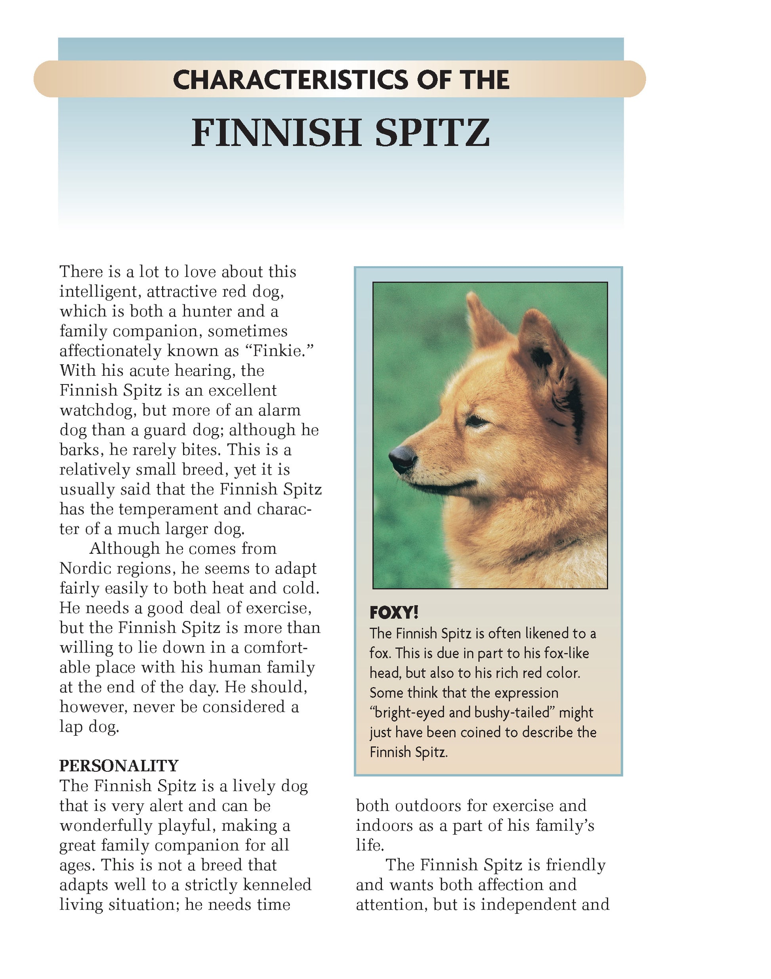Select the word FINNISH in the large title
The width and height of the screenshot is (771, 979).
276,133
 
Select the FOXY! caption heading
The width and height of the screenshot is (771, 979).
394,613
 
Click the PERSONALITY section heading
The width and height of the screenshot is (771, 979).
119,765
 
